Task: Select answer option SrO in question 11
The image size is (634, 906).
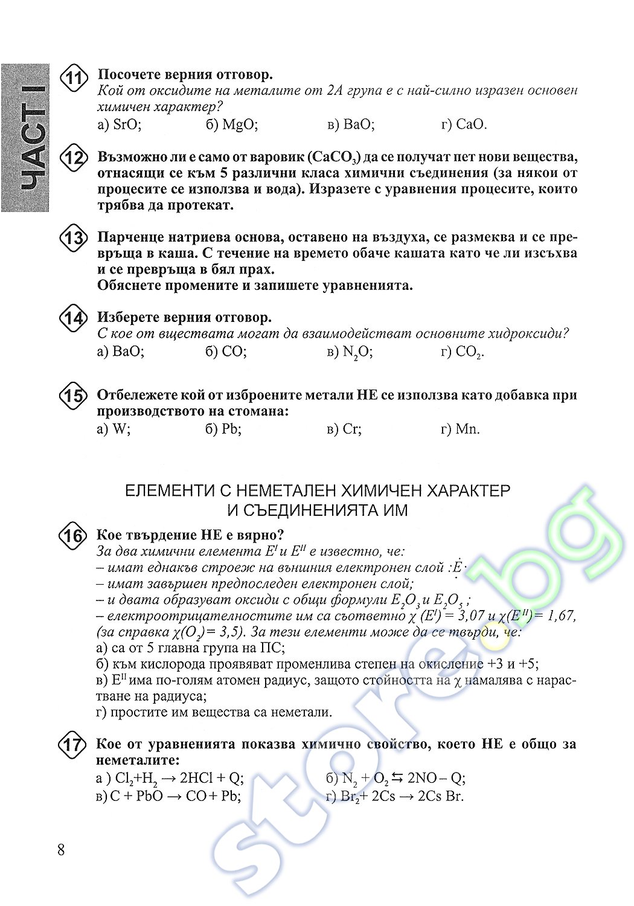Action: coord(119,124)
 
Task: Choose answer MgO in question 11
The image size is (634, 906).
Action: coord(232,124)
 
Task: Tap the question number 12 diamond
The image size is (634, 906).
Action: coord(74,159)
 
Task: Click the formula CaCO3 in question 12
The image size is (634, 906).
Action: coord(333,158)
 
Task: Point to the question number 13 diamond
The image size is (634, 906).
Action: coord(74,238)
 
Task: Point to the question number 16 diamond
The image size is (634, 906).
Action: coord(73,536)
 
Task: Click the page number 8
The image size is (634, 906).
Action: coord(60,850)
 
